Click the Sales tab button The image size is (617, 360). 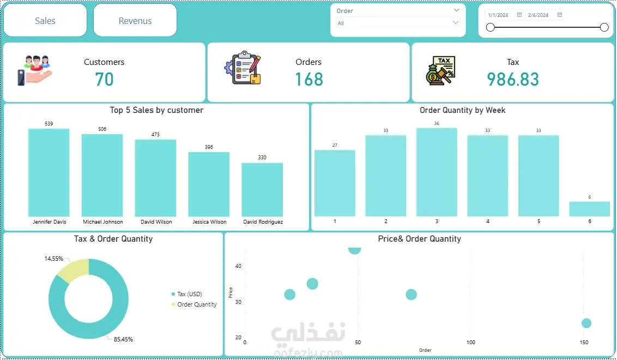tap(45, 21)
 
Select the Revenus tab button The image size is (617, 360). tap(135, 21)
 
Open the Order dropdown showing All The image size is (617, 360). tap(398, 23)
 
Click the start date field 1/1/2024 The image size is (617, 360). tap(499, 15)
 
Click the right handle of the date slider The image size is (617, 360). tap(604, 27)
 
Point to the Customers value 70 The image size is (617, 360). tap(104, 80)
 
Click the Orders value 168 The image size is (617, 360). tap(309, 80)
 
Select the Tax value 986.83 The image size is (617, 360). tap(513, 80)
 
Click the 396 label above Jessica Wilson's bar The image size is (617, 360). tap(209, 147)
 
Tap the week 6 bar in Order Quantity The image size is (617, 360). tap(589, 209)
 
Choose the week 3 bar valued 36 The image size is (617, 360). tap(437, 172)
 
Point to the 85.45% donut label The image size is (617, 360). tap(123, 339)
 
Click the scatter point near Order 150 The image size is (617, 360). tap(586, 323)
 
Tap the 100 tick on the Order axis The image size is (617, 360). tap(471, 343)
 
